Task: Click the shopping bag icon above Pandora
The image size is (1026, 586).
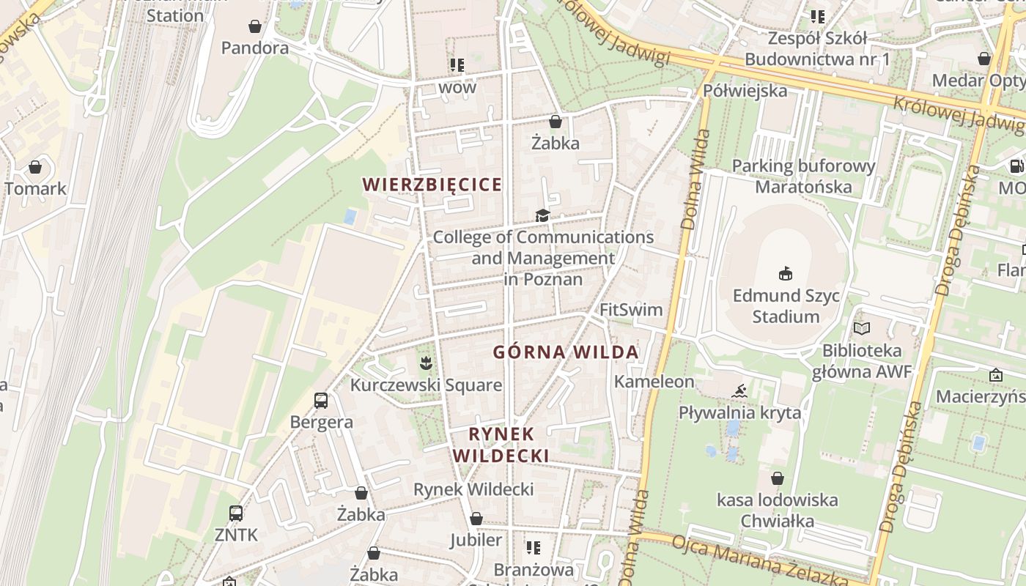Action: [x=255, y=27]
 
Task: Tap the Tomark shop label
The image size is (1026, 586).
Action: [x=35, y=188]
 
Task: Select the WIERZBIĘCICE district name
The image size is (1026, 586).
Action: [x=432, y=185]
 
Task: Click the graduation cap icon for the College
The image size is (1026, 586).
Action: [x=542, y=215]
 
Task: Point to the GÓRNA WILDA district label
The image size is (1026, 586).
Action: [x=566, y=352]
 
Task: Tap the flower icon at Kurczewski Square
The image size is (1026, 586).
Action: [x=425, y=362]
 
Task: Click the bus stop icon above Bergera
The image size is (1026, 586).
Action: [x=321, y=401]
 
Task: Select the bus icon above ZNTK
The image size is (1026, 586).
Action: [x=236, y=513]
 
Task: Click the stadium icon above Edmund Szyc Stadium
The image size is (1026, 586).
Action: [x=786, y=274]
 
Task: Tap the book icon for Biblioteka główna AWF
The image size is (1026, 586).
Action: [x=862, y=329]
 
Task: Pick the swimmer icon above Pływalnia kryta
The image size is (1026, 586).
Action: [x=739, y=390]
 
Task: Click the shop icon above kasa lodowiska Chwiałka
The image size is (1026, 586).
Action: [x=777, y=479]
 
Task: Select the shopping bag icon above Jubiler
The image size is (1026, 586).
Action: [x=476, y=519]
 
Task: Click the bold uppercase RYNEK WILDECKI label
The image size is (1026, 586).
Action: [x=501, y=445]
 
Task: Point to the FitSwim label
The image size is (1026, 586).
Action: [x=631, y=310]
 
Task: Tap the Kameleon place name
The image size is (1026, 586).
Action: [x=654, y=382]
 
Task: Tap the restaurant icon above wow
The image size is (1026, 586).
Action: [x=457, y=65]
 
